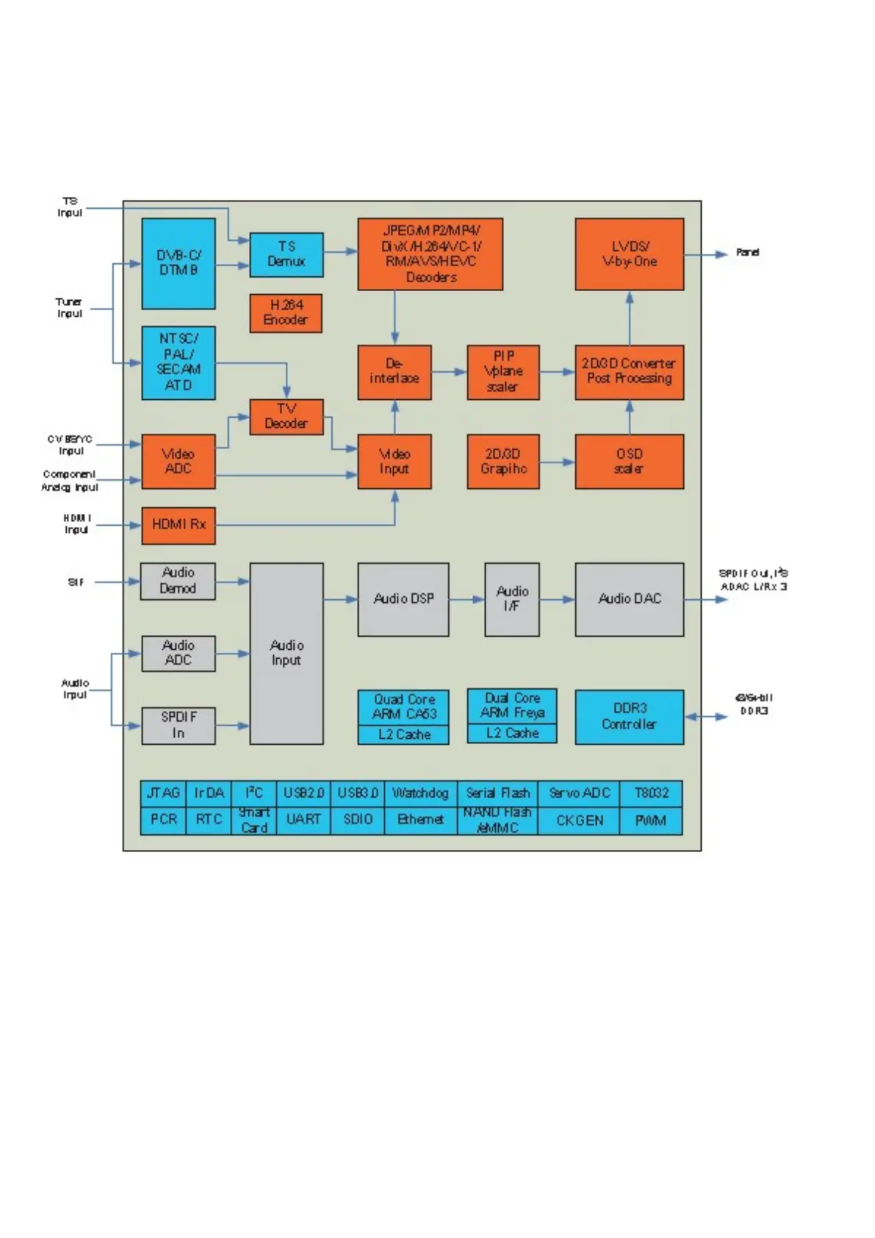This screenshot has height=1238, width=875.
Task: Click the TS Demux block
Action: coord(286,254)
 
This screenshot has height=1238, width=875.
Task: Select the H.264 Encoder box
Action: coord(286,312)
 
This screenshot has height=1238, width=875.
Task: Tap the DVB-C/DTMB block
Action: coord(178,263)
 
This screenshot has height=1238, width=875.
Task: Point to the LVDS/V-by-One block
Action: coord(629,254)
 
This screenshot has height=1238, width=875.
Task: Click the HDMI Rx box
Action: coord(178,525)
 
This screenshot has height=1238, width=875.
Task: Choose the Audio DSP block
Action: coord(403,599)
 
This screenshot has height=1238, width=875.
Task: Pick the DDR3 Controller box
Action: coord(629,717)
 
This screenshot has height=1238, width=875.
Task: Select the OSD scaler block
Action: coord(629,461)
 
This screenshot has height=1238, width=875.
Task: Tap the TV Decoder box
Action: coord(286,417)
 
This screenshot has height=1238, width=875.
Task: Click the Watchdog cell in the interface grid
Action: coord(420,793)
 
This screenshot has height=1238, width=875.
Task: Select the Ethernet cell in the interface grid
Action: coord(420,820)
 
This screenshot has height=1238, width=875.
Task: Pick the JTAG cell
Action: coord(163,793)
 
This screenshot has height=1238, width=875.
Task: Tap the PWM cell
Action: coord(651,820)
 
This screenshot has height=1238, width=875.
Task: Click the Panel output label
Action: coord(747,252)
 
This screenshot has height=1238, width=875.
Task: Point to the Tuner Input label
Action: coord(69,307)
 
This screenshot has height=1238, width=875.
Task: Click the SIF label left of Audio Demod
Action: coord(76,582)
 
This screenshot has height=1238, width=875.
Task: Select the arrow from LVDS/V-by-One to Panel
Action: coord(705,254)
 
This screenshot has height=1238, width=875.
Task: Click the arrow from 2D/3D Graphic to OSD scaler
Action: coord(557,462)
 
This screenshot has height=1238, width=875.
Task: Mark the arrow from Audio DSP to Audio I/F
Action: coord(467,599)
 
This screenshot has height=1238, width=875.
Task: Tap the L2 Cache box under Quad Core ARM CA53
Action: coord(403,734)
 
